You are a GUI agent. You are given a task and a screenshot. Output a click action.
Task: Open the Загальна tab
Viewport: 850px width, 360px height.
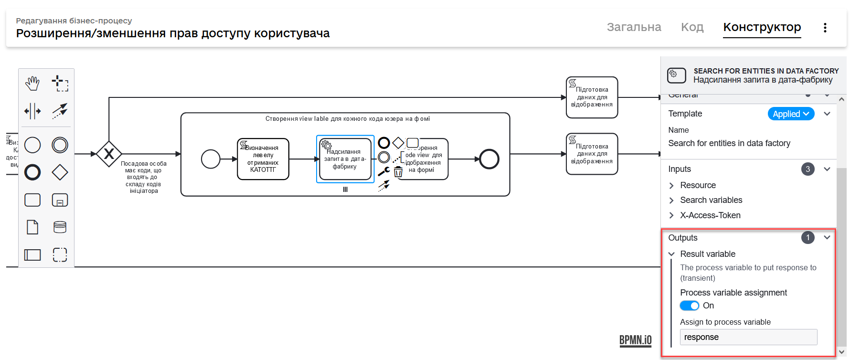tap(634, 27)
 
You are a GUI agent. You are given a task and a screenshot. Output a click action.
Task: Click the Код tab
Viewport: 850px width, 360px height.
tap(692, 27)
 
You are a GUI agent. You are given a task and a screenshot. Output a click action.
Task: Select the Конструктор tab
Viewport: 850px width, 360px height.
tap(762, 27)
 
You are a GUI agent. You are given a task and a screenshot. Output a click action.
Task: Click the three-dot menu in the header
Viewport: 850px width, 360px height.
tap(825, 28)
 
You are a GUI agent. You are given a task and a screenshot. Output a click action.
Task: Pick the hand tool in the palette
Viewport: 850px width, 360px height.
tap(32, 84)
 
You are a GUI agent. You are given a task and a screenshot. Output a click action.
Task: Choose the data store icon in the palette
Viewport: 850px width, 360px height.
tap(60, 227)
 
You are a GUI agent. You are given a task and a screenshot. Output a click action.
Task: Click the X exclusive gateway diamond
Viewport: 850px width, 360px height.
tap(109, 154)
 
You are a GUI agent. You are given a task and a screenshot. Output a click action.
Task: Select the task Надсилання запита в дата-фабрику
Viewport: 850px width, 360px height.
tap(345, 159)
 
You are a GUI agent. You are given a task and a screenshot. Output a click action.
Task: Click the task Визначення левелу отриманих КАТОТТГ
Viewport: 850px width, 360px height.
tap(263, 159)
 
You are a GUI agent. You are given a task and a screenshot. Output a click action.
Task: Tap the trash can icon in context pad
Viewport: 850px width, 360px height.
tap(398, 172)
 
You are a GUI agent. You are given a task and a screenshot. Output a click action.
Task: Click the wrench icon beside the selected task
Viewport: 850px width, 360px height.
tap(384, 171)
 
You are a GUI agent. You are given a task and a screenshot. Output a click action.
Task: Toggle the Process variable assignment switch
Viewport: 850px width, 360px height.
tap(689, 306)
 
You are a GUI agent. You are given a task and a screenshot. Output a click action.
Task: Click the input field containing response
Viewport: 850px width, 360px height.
tap(748, 337)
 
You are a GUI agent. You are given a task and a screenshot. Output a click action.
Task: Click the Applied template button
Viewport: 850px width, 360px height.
tap(790, 114)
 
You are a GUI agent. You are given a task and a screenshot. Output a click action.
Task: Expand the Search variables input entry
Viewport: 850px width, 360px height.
tap(711, 200)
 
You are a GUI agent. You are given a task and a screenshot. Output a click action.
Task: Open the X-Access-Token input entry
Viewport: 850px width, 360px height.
tap(710, 215)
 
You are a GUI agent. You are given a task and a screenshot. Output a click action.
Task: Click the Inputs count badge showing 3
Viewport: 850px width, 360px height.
tap(807, 169)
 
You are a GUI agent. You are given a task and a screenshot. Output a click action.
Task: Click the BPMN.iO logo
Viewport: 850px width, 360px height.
tap(635, 340)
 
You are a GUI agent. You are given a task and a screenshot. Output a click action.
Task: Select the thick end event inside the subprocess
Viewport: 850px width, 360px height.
tap(489, 159)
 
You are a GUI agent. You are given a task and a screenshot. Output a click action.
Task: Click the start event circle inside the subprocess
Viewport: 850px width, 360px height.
tap(211, 159)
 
